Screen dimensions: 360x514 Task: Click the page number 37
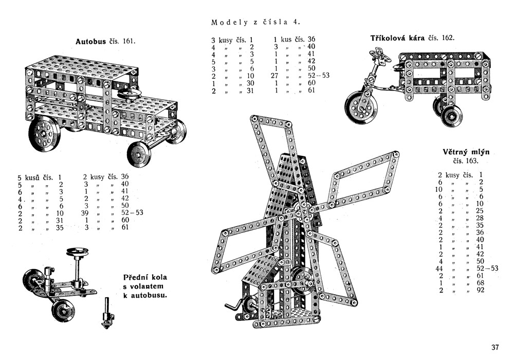tap(495, 347)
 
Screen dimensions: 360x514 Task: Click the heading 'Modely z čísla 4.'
tap(255, 22)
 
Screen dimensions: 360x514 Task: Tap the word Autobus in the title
tap(90, 41)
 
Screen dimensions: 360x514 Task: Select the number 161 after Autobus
tap(128, 41)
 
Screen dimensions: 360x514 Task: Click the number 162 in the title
tap(448, 38)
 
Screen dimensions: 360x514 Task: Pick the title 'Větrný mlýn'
tap(466, 152)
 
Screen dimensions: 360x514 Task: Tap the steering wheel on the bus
tap(129, 94)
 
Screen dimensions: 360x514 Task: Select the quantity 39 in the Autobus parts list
tap(86, 212)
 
